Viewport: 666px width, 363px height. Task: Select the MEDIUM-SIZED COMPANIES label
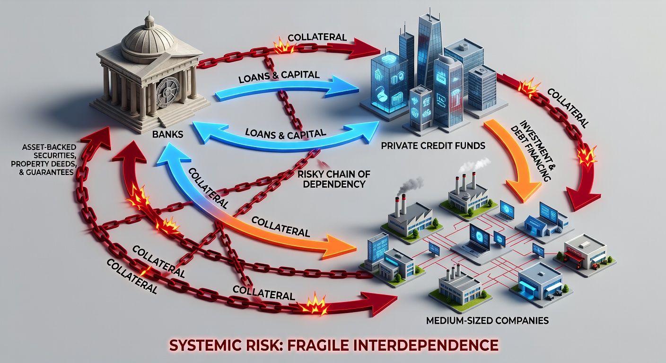coord(487,320)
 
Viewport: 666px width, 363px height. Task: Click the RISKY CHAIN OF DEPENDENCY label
coord(331,179)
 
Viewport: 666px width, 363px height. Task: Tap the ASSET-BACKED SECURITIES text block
coord(47,160)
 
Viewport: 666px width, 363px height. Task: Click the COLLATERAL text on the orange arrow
coord(280,226)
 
